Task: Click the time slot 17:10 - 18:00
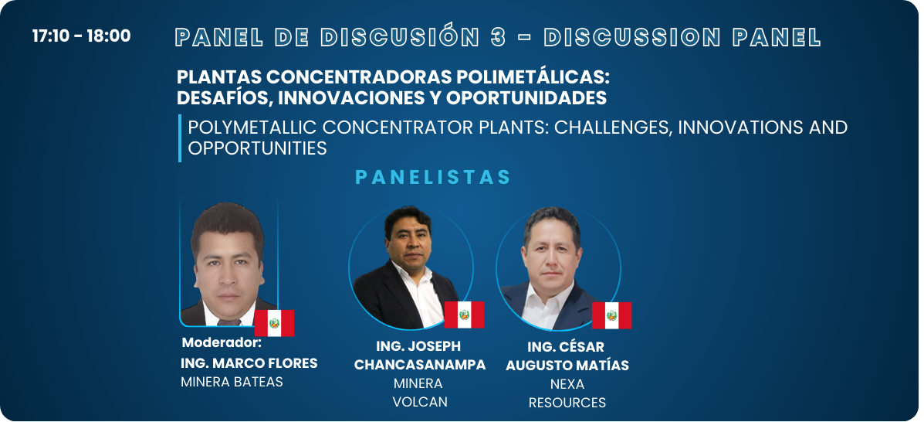81,36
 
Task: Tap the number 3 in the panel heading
497,37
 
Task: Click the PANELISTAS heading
433,178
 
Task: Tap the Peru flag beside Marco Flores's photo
274,323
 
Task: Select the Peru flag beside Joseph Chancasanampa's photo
465,315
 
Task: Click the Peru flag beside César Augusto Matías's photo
611,315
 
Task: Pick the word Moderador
222,343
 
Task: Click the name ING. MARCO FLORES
249,363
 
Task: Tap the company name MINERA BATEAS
232,382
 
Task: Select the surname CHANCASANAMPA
420,365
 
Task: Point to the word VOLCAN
420,402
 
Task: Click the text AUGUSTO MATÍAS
567,366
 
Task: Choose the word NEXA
567,384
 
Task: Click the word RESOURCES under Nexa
567,403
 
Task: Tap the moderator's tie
228,322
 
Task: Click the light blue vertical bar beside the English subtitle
180,138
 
